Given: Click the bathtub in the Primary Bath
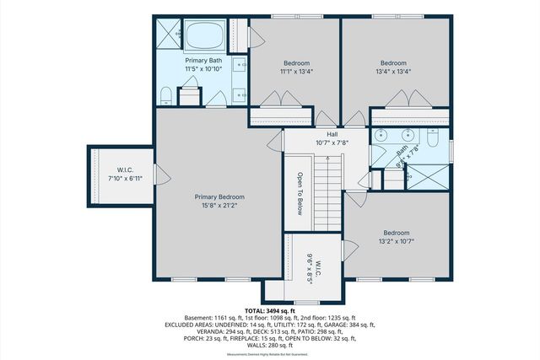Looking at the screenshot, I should pyautogui.click(x=203, y=36).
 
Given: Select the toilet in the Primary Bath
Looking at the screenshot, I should pyautogui.click(x=166, y=94).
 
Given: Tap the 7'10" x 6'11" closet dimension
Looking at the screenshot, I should pyautogui.click(x=121, y=179).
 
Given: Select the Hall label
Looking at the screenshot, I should pyautogui.click(x=332, y=133).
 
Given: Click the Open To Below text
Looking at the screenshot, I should pyautogui.click(x=299, y=194).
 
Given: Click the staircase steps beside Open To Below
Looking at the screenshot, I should pyautogui.click(x=327, y=195).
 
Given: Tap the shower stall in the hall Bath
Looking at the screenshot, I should pyautogui.click(x=428, y=178).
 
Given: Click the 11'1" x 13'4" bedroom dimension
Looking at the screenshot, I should pyautogui.click(x=296, y=72).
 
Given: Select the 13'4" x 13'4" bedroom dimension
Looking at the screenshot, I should pyautogui.click(x=393, y=72).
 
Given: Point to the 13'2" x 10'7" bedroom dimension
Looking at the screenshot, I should pyautogui.click(x=397, y=241).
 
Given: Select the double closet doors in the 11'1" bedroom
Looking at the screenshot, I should pyautogui.click(x=278, y=100).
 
